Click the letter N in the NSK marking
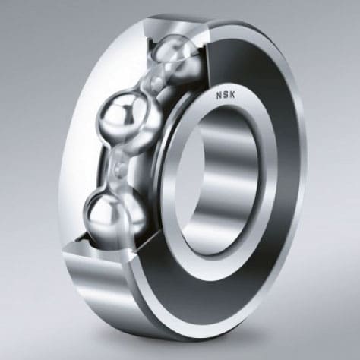(219, 96)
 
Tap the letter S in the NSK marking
(226, 95)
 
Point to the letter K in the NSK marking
(232, 95)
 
